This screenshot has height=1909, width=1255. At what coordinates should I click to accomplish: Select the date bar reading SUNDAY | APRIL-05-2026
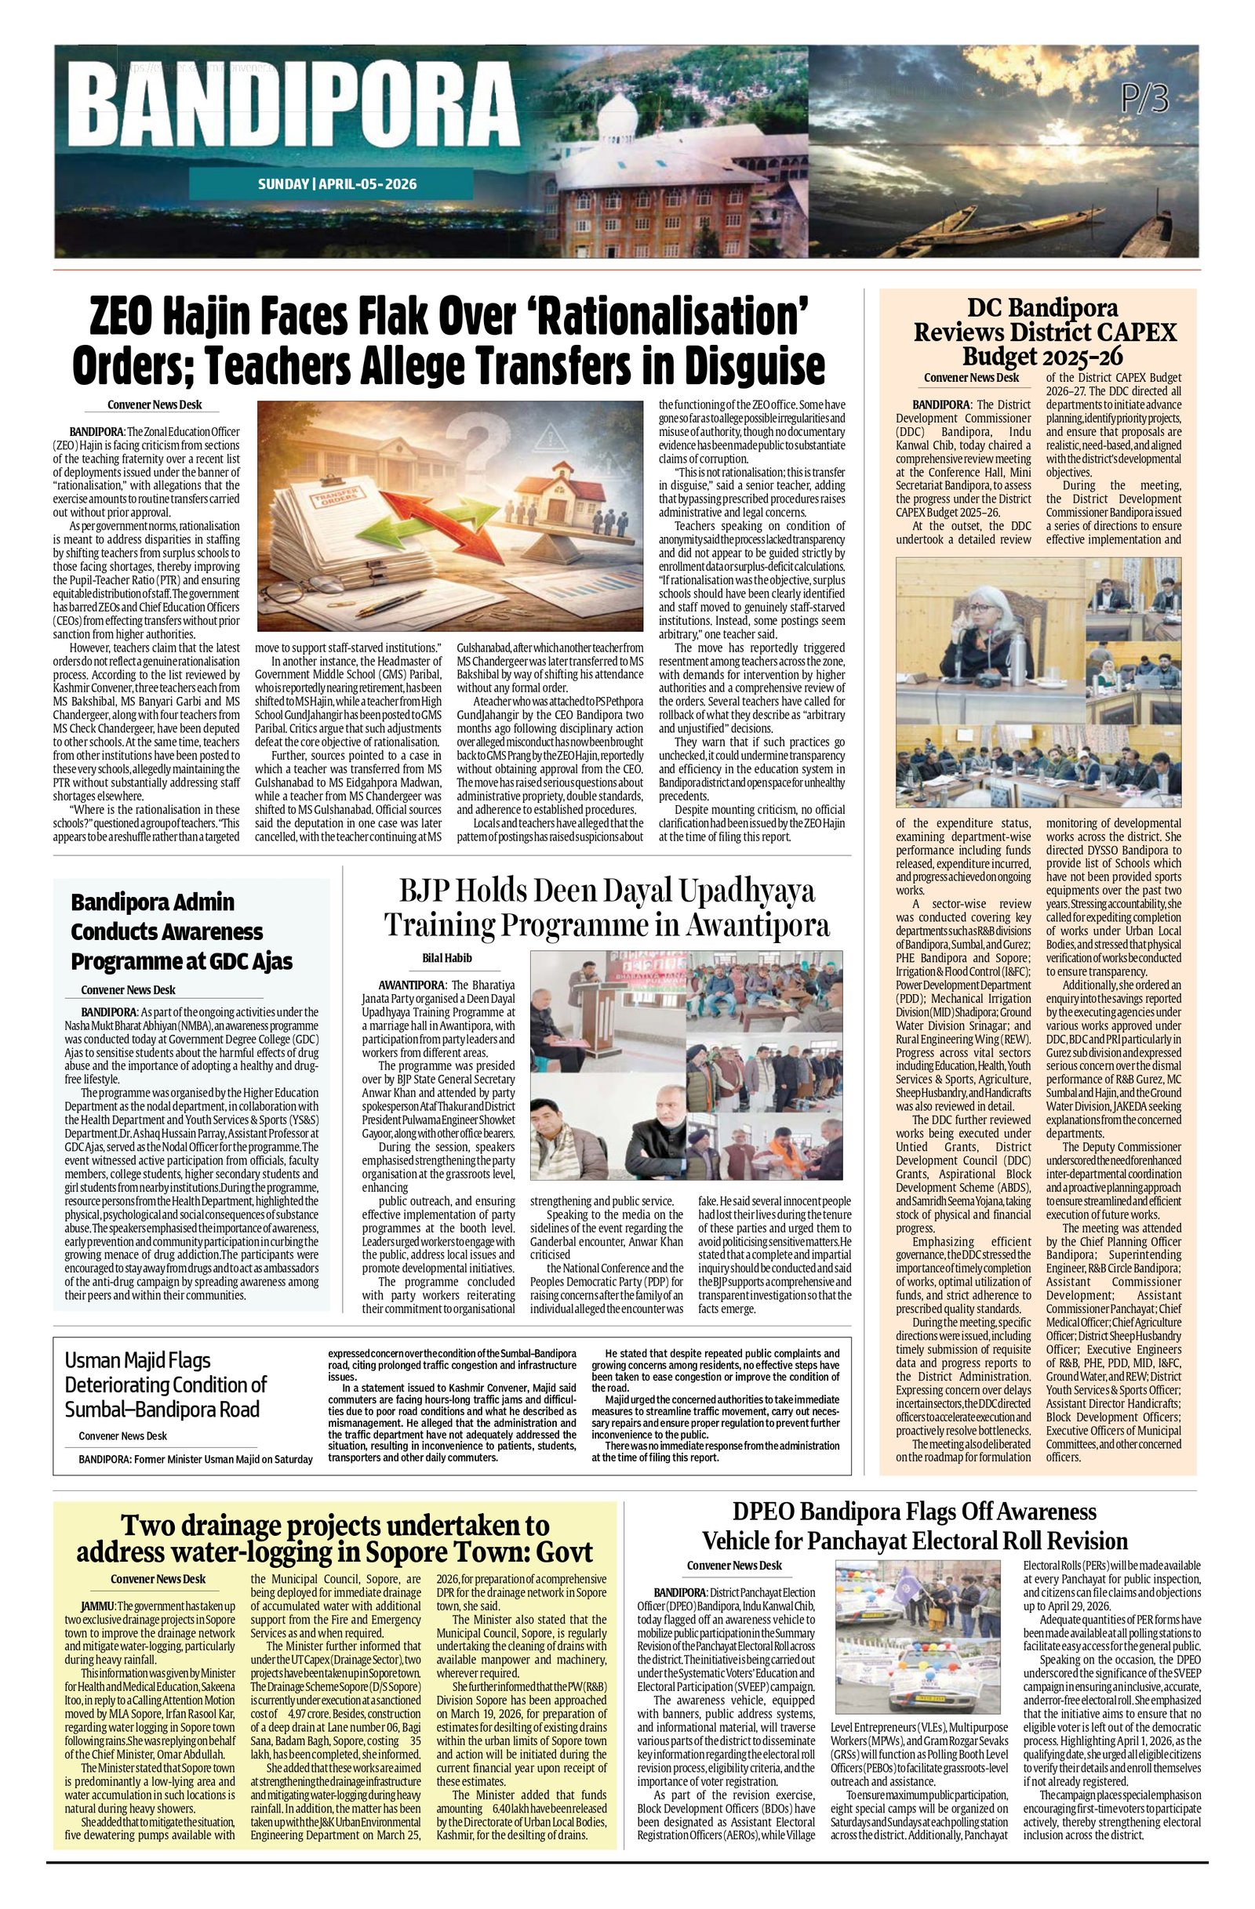337,183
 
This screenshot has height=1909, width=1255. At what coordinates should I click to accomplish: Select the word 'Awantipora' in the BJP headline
758,925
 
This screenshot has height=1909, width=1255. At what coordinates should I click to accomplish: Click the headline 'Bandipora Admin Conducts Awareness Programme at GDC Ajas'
181,931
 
